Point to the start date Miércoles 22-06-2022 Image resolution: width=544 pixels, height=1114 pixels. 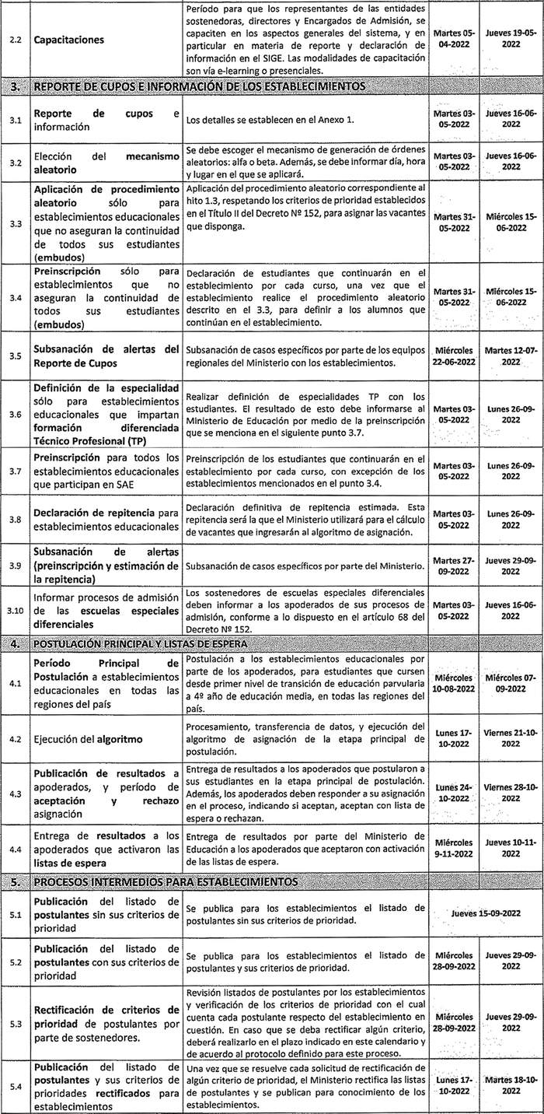point(452,356)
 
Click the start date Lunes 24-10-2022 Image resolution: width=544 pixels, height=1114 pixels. point(452,793)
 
